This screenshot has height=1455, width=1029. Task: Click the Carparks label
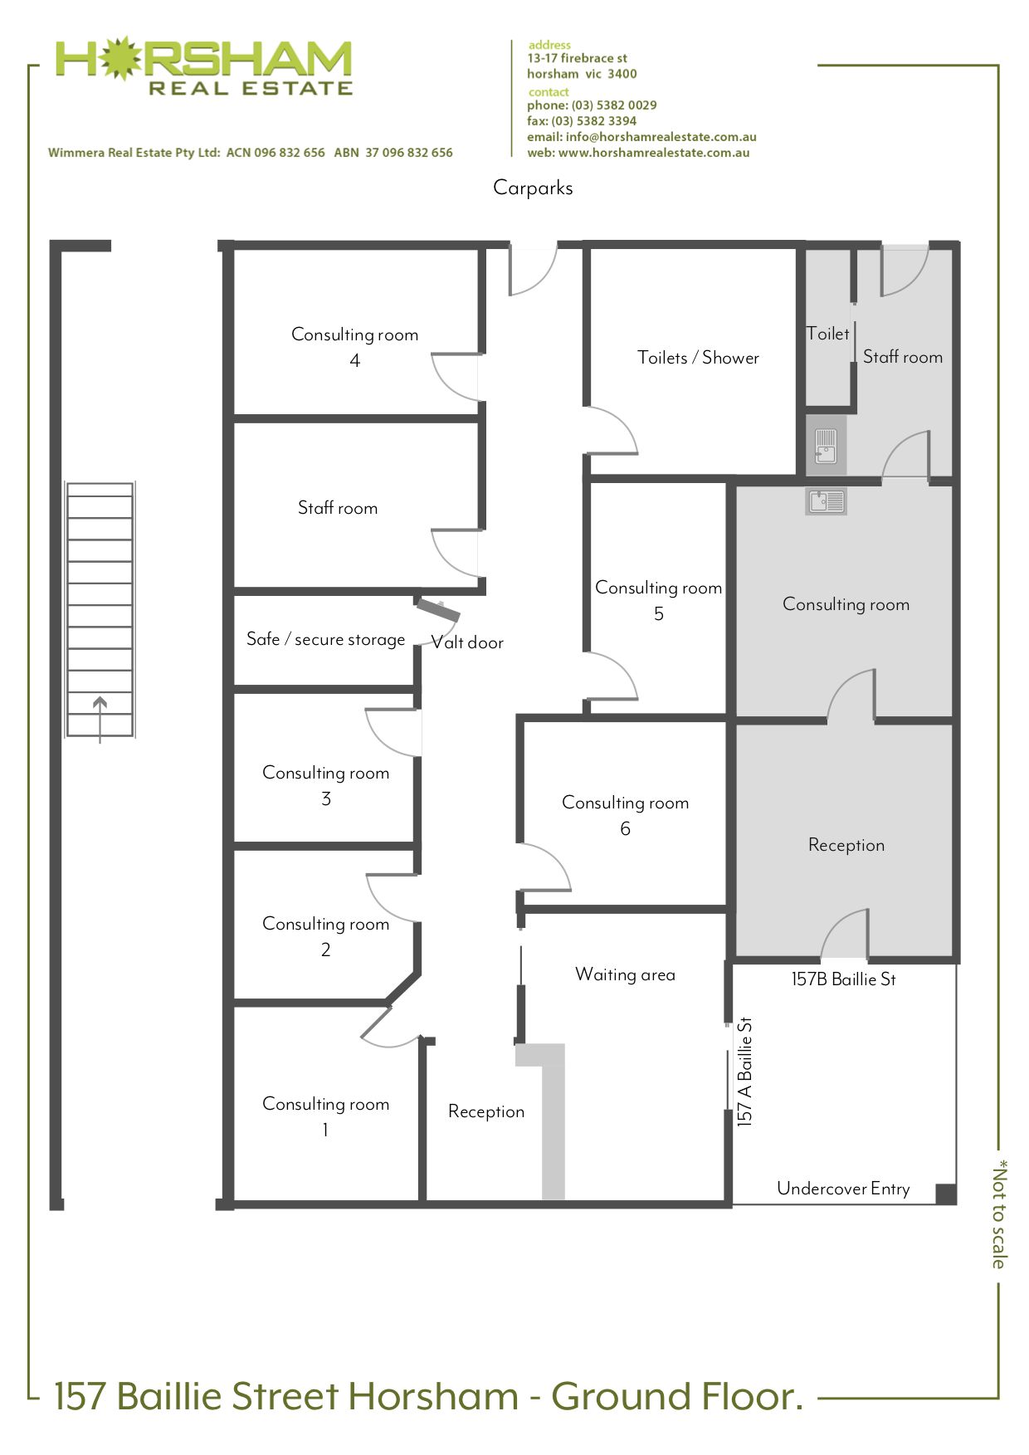533,188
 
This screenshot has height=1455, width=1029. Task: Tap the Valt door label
467,642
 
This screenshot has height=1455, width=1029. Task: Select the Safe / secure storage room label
325,639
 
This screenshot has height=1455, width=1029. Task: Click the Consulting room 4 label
354,347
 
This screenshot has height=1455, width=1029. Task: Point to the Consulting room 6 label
625,815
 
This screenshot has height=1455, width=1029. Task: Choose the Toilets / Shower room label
698,358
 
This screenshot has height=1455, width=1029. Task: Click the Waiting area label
625,974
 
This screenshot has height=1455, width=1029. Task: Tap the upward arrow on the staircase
100,719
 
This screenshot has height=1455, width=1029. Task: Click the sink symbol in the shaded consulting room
826,501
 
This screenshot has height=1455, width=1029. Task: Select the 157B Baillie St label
843,979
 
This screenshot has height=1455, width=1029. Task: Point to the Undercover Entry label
843,1189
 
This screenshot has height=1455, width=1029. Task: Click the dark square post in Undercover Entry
946,1194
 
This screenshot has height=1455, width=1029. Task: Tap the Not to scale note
999,1213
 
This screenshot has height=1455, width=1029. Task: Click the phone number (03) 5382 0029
614,105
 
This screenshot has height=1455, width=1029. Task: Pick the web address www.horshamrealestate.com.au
654,153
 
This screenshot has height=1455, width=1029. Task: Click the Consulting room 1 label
325,1116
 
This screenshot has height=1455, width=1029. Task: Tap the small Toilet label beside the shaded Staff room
828,334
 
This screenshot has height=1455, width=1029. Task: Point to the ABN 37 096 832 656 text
393,153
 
